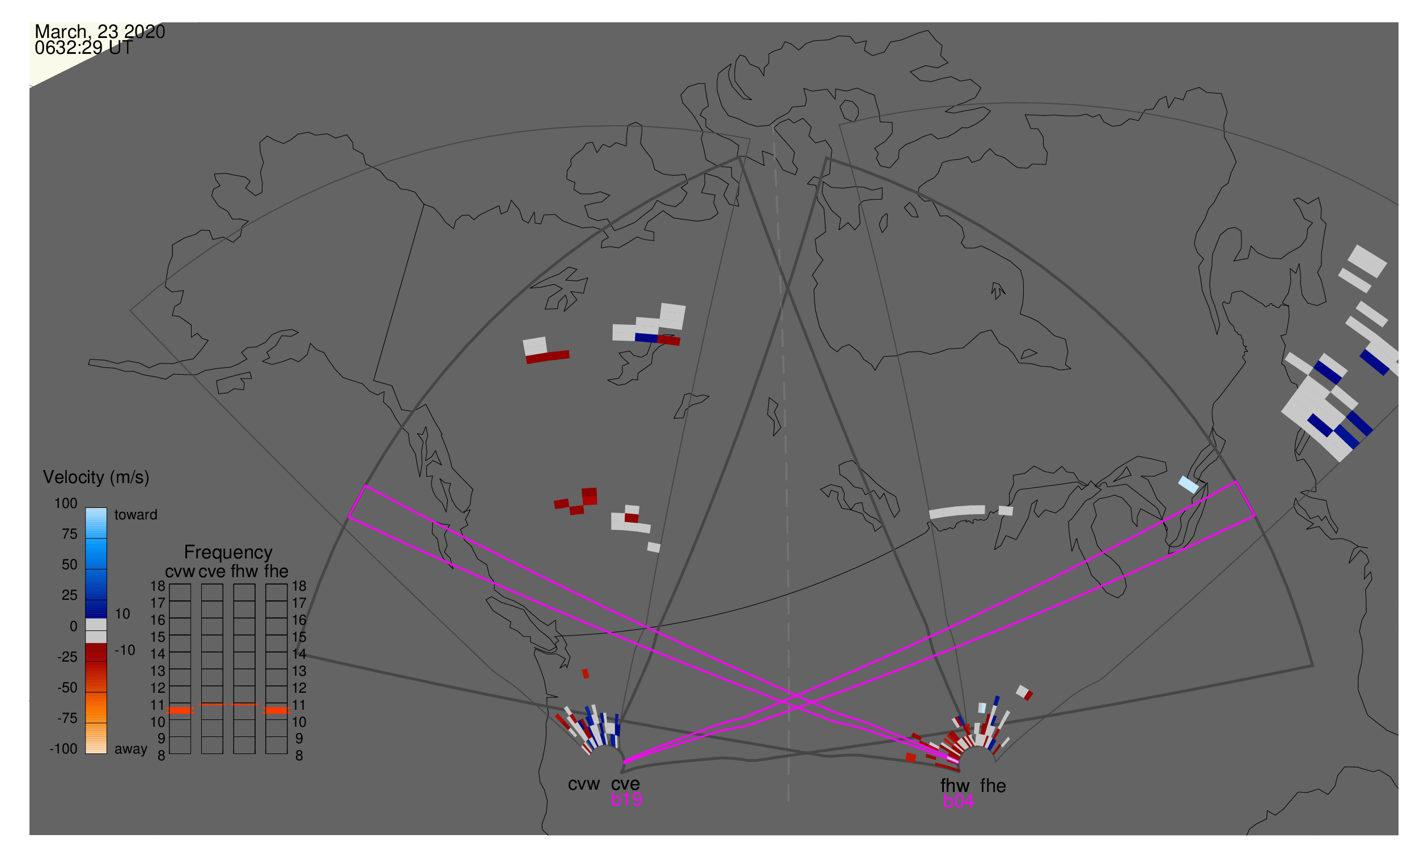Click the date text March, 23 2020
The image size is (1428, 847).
pyautogui.click(x=100, y=32)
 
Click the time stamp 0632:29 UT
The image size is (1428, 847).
pyautogui.click(x=84, y=48)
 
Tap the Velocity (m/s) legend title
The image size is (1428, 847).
pyautogui.click(x=96, y=478)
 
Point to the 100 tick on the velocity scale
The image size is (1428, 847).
pyautogui.click(x=66, y=504)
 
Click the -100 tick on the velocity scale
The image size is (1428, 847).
pyautogui.click(x=63, y=749)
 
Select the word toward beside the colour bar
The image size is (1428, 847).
pyautogui.click(x=136, y=515)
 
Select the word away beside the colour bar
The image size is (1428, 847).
pyautogui.click(x=131, y=750)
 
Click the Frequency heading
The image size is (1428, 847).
pyautogui.click(x=228, y=553)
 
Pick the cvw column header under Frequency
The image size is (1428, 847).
pyautogui.click(x=180, y=572)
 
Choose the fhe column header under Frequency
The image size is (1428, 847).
pyautogui.click(x=276, y=572)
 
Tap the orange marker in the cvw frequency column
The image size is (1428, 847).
pyautogui.click(x=180, y=711)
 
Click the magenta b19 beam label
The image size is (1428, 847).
pyautogui.click(x=626, y=800)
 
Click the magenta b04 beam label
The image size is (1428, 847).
pyautogui.click(x=959, y=802)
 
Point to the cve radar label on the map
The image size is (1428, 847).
pyautogui.click(x=625, y=785)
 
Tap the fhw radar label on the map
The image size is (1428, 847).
pyautogui.click(x=955, y=786)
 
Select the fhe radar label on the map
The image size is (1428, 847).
pyautogui.click(x=993, y=786)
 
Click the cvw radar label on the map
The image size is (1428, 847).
pyautogui.click(x=584, y=785)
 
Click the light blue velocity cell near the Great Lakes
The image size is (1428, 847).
pyautogui.click(x=1189, y=485)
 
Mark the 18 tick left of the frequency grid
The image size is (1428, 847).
pyautogui.click(x=158, y=587)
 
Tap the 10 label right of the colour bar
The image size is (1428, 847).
pyautogui.click(x=122, y=615)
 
